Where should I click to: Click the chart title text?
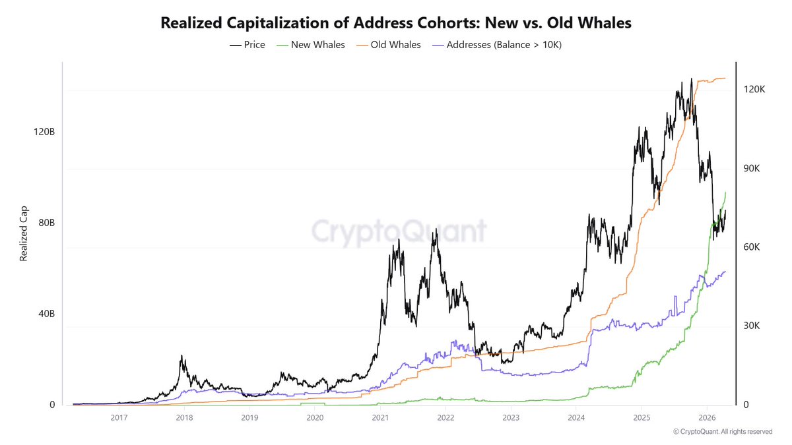[396, 22]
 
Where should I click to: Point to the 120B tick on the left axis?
[44, 132]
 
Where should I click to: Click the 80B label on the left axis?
[46, 223]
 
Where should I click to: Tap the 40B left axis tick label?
[46, 314]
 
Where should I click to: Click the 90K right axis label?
[752, 169]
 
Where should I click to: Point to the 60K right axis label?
[752, 247]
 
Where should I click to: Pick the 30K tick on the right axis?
[752, 326]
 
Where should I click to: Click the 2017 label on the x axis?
[119, 417]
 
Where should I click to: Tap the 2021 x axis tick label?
[379, 417]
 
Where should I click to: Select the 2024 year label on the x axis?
[576, 417]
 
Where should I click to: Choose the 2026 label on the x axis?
[707, 417]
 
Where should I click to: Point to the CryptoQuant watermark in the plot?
[399, 231]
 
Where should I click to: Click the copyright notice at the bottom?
[722, 432]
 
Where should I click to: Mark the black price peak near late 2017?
[181, 356]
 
